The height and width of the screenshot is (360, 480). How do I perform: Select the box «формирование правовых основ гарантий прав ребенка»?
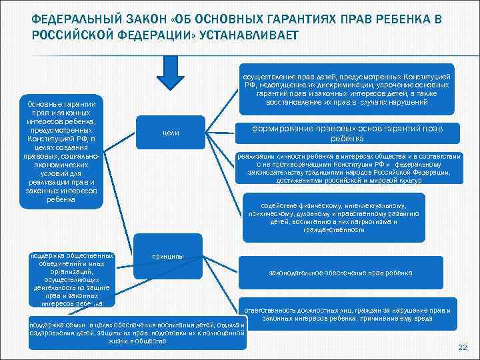coord(347,133)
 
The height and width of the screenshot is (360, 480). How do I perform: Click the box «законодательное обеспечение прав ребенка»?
coord(340,273)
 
